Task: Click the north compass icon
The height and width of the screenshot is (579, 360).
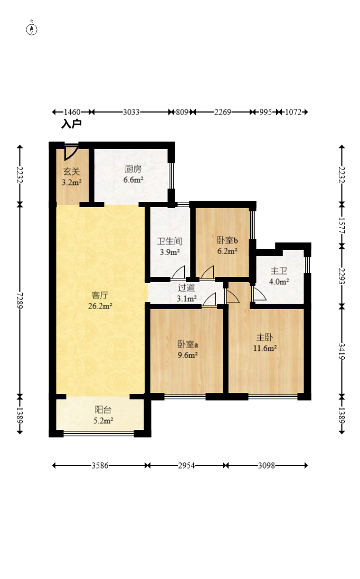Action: point(32,29)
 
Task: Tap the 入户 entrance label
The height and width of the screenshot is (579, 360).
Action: point(72,124)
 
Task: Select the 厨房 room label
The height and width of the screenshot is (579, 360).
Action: point(133,169)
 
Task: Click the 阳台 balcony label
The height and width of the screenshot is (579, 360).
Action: point(103,409)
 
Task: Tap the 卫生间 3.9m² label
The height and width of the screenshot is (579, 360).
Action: point(169,247)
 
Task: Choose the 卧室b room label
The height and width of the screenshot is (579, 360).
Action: point(227,240)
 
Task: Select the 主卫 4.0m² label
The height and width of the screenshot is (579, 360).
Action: point(279,276)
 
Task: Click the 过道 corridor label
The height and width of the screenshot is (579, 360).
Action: point(187,288)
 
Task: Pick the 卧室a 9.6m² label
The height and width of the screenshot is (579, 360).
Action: point(188,350)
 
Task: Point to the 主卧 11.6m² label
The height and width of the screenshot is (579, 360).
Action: point(265,343)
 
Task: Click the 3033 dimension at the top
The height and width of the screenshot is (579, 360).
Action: point(131,112)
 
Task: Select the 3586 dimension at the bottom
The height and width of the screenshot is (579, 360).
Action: point(100,465)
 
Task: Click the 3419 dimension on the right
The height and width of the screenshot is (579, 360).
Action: point(342,351)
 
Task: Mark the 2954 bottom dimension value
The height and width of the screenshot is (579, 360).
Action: point(187,465)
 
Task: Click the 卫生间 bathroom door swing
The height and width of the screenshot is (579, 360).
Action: point(178,272)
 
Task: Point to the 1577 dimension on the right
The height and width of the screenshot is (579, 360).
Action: point(342,225)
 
